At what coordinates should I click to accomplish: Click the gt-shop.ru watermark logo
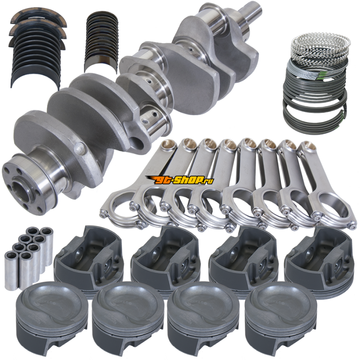(x=180, y=180)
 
